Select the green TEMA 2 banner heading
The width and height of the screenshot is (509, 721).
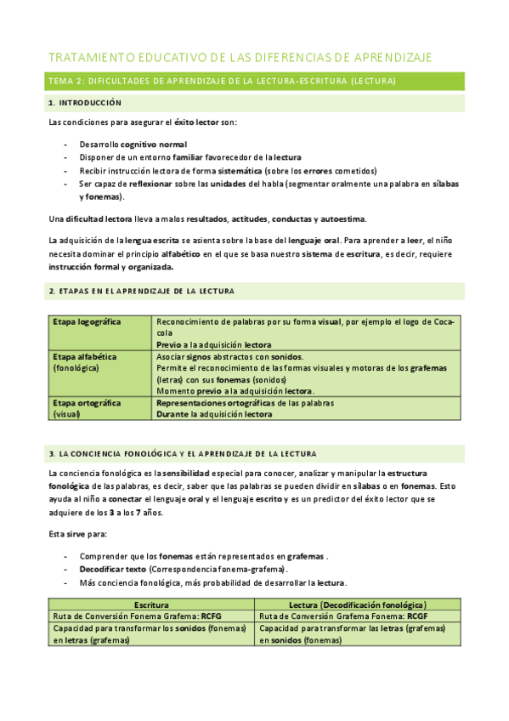(x=221, y=82)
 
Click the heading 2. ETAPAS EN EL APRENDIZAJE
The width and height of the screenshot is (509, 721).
(x=141, y=291)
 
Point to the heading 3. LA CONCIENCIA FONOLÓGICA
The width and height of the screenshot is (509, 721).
(x=182, y=454)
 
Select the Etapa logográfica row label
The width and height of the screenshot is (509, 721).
(x=87, y=322)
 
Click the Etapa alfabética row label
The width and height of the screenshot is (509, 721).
(x=85, y=357)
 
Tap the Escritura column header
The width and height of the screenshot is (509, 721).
(x=151, y=603)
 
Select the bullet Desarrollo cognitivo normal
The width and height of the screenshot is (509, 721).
(x=133, y=145)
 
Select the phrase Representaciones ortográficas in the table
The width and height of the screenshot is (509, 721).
(x=208, y=402)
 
